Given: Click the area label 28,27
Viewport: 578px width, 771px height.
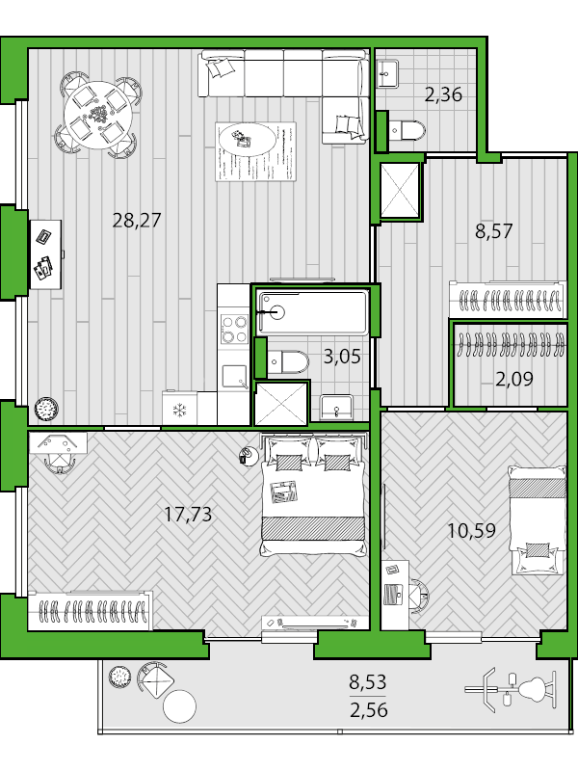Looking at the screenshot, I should [x=136, y=220].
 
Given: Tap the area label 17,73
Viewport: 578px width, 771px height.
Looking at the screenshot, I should [x=187, y=515].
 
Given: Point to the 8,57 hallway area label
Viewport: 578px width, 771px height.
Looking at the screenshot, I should [x=493, y=231].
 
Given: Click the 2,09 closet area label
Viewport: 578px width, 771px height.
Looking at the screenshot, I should [x=514, y=379].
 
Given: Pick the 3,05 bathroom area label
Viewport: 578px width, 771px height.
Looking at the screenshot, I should [x=341, y=357].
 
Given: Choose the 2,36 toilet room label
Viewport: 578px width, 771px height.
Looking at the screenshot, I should [x=443, y=94].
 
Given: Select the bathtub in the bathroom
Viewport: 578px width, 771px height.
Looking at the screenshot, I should [x=312, y=311].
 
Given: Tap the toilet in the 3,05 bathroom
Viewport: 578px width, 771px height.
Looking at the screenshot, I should [x=287, y=362].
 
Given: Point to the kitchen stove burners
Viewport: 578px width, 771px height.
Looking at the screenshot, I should [x=234, y=330].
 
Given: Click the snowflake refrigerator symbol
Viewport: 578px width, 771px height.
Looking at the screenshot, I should [x=178, y=409].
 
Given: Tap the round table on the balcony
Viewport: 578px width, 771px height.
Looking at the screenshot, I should [x=179, y=707].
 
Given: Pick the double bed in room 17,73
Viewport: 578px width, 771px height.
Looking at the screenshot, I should [x=313, y=496].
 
